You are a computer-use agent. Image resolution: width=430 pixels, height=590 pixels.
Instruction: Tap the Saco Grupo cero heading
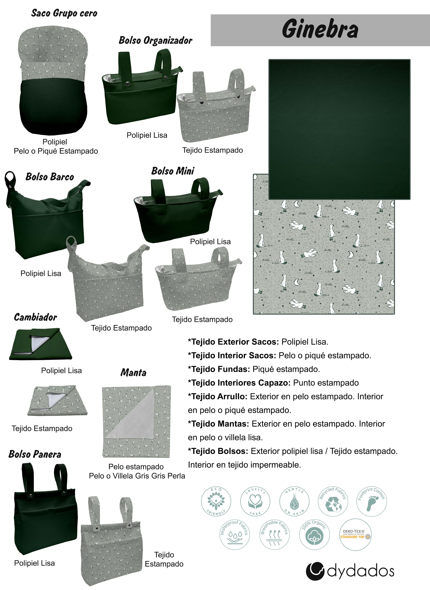coord(64,13)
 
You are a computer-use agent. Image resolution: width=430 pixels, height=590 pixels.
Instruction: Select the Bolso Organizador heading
coord(155,40)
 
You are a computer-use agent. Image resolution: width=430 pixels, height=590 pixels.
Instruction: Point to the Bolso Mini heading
coord(173,171)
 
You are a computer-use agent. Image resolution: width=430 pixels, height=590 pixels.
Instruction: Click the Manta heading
coord(133,372)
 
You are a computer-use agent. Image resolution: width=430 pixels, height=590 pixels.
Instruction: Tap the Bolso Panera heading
coord(35,454)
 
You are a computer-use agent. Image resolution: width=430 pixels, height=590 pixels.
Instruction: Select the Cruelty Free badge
coord(255,501)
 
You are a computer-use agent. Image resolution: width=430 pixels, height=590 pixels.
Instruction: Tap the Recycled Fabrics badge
coord(333,501)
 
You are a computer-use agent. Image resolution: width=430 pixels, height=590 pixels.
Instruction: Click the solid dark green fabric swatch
coord(339,129)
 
